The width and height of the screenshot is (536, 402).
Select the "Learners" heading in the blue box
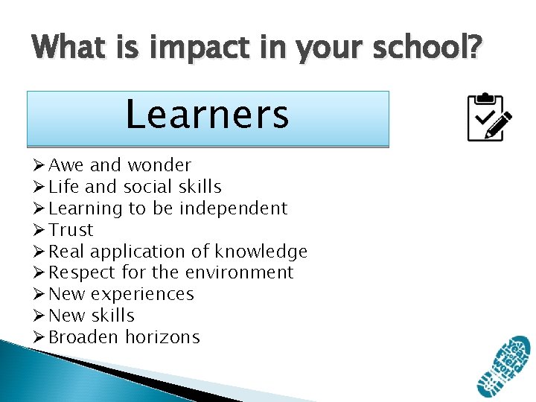207,115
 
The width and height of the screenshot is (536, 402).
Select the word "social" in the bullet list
146,187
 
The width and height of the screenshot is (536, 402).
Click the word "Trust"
71,230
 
